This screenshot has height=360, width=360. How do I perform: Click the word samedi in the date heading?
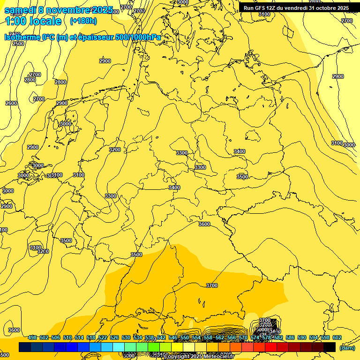[x=20, y=10]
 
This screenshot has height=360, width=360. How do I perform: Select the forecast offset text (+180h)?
[x=83, y=21]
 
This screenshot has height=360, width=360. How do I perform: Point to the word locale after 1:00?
[x=45, y=21]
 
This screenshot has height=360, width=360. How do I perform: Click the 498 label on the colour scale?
[x=32, y=337]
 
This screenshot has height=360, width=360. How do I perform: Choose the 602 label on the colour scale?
[x=337, y=337]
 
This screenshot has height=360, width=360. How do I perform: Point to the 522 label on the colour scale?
[x=103, y=337]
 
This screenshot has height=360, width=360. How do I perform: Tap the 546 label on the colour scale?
[x=173, y=337]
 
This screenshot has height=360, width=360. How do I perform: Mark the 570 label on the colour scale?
[x=243, y=337]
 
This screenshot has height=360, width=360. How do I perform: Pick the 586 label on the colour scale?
[x=290, y=337]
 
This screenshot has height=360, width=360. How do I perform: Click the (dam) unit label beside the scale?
[x=347, y=348]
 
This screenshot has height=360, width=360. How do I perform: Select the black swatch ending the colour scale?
[x=330, y=347]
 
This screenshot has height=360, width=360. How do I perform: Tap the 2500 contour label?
[x=18, y=44]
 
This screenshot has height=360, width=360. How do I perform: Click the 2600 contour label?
[x=11, y=103]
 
